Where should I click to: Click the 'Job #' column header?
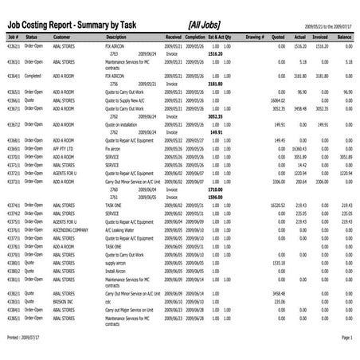pyautogui.click(x=11, y=37)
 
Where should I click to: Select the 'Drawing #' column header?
pyautogui.click(x=255, y=37)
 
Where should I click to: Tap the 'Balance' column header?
pyautogui.click(x=344, y=37)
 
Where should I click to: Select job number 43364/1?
pyautogui.click(x=12, y=76)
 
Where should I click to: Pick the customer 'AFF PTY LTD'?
pyautogui.click(x=64, y=149)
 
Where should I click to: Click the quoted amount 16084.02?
pyautogui.click(x=277, y=100)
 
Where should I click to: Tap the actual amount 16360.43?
pyautogui.click(x=299, y=149)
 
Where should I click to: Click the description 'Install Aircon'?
pyautogui.click(x=117, y=271)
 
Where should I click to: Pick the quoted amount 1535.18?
pyautogui.click(x=278, y=262)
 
